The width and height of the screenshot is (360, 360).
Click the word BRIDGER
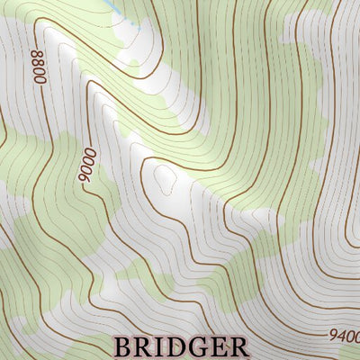pyautogui.click(x=180, y=346)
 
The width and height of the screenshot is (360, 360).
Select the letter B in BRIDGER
pyautogui.click(x=122, y=346)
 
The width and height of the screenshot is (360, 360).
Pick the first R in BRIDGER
pyautogui.click(x=142, y=346)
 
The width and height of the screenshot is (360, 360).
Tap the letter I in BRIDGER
pyautogui.click(x=158, y=346)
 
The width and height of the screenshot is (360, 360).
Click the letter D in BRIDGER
pyautogui.click(x=174, y=346)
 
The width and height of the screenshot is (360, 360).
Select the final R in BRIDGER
pyautogui.click(x=236, y=346)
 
